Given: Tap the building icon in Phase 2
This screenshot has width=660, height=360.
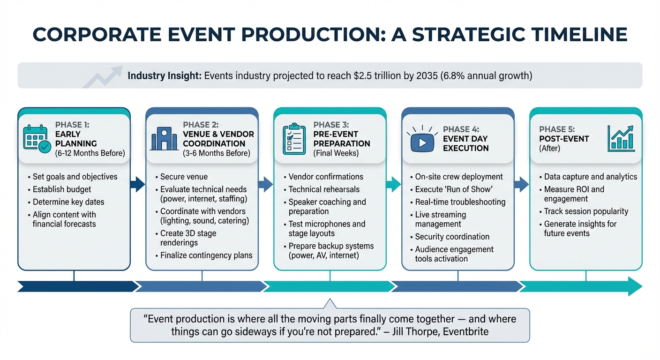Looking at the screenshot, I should click(164, 139).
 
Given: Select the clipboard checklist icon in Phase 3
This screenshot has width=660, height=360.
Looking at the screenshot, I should click(294, 139).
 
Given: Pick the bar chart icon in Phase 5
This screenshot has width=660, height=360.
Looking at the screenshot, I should click(621, 138).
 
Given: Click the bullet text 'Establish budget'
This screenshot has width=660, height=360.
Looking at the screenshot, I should click(62, 189).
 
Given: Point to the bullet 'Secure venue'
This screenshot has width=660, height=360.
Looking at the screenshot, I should click(184, 177).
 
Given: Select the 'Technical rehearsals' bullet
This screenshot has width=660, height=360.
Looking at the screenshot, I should click(324, 189).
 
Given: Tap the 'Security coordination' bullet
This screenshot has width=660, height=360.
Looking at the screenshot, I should click(452, 237).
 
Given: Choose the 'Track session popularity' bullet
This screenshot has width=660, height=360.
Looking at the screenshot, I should click(586, 211).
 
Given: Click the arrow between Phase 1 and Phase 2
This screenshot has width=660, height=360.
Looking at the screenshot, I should click(138, 184).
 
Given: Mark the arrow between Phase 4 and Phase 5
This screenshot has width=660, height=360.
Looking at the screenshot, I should click(522, 184).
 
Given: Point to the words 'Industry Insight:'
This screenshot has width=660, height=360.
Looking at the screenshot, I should click(165, 75).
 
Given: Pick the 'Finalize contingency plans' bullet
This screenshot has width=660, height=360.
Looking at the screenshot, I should click(206, 255).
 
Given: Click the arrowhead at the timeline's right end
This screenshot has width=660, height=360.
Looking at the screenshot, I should click(634, 286).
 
